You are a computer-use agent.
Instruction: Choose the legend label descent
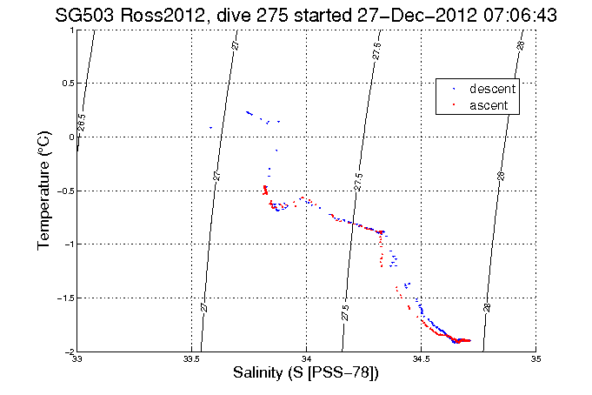[x=493, y=89]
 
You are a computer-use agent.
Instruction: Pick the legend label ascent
[x=489, y=104]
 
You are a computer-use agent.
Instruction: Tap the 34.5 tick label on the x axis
[x=421, y=358]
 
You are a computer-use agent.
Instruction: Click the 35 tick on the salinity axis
[x=535, y=358]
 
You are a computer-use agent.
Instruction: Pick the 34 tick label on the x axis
[x=306, y=358]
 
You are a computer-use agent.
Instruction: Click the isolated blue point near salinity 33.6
[x=210, y=128]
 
